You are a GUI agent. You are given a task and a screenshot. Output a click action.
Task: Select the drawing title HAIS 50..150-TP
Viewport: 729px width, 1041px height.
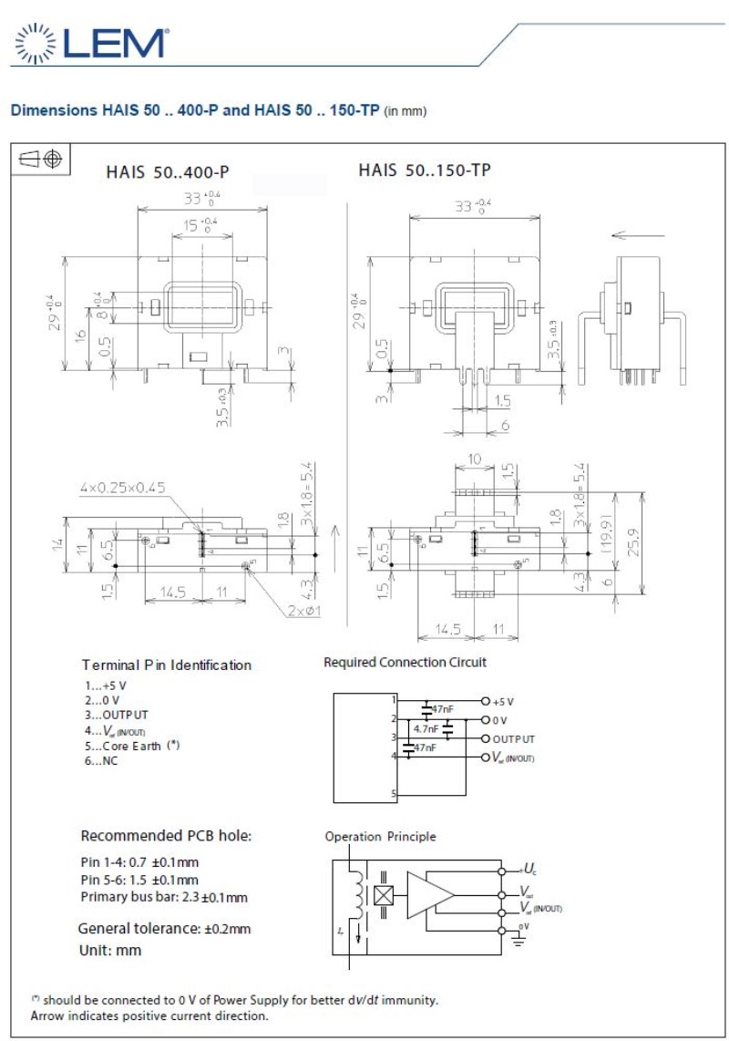point(425,170)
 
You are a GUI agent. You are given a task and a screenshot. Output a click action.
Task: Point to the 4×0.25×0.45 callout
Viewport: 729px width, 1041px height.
point(123,488)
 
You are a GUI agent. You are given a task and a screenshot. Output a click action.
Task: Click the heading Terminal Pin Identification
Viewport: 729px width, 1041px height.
point(166,665)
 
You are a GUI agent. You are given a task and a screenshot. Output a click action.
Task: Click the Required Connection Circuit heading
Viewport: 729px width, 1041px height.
point(405,662)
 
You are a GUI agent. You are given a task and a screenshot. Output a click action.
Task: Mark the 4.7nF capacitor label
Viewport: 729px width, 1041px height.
point(426,729)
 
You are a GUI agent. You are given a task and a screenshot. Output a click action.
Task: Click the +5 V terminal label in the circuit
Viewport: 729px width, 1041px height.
point(503,701)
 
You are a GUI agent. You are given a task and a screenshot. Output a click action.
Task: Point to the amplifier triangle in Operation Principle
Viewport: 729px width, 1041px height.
point(429,894)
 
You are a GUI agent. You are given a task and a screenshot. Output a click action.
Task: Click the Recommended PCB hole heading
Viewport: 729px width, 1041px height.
point(166,836)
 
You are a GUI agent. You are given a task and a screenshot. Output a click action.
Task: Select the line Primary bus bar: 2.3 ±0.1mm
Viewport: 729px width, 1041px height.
point(164,898)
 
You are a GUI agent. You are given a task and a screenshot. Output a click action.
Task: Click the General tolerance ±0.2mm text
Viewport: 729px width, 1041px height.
point(164,929)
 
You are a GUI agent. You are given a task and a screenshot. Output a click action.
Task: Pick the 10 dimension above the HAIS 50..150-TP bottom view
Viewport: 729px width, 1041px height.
point(474,459)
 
